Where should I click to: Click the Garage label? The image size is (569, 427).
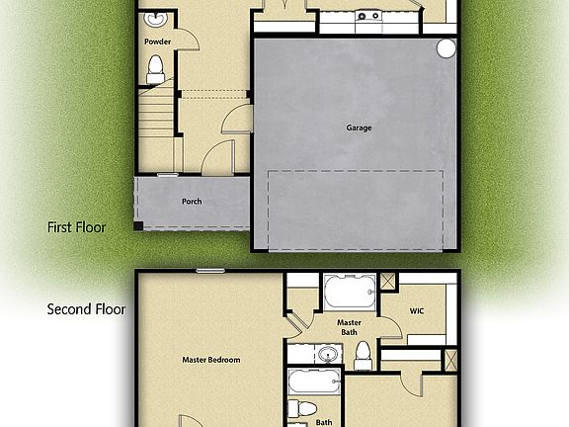click(x=359, y=128)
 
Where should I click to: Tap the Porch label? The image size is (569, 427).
click(x=192, y=202)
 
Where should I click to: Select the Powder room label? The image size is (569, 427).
click(x=157, y=43)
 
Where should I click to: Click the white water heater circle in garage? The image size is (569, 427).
click(x=446, y=48)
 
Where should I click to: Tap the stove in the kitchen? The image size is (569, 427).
click(x=369, y=16)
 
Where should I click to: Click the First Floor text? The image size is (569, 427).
click(x=77, y=227)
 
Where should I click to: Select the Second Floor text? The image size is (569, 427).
click(x=87, y=309)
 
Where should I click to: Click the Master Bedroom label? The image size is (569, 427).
click(x=211, y=360)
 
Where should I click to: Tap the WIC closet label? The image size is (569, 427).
click(x=417, y=311)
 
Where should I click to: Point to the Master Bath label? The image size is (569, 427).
click(x=349, y=327)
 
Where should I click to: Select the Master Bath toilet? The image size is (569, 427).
click(x=363, y=354)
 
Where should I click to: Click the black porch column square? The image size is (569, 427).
click(x=139, y=226)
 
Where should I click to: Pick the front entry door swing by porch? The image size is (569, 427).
click(x=217, y=156)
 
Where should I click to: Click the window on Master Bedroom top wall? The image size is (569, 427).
click(x=208, y=270)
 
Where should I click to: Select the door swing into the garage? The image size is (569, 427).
click(x=238, y=121)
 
